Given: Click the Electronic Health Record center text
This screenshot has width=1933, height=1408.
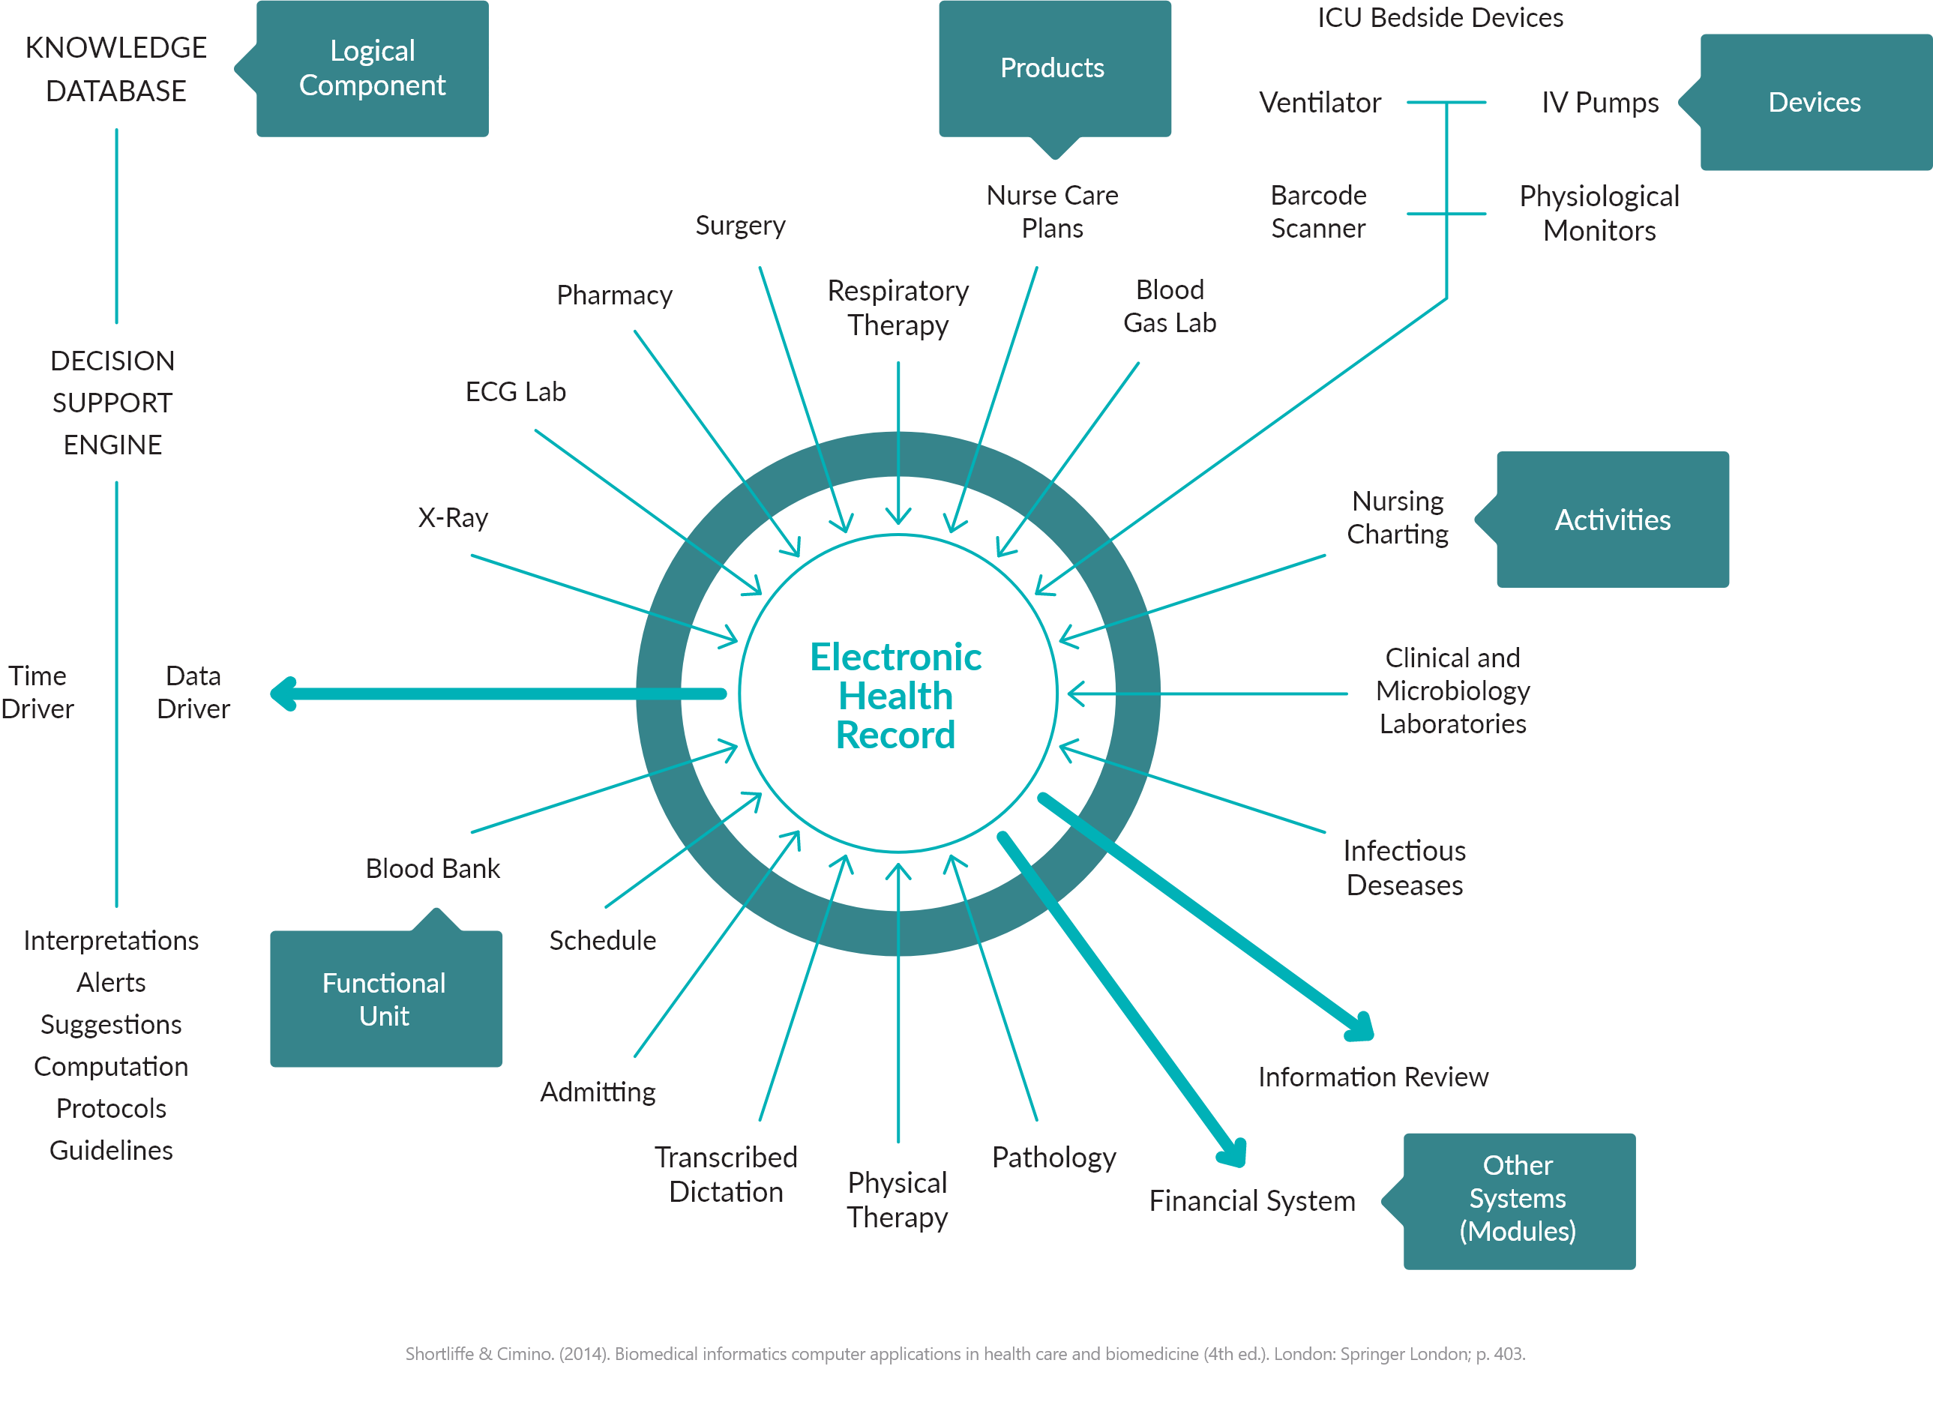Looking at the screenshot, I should (896, 696).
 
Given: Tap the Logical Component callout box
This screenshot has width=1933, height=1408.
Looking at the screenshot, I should (373, 68).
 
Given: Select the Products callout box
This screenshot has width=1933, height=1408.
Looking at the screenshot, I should (1053, 68).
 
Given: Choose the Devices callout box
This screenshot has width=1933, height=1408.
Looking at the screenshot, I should (1815, 102).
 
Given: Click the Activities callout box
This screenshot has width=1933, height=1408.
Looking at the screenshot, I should (1613, 520).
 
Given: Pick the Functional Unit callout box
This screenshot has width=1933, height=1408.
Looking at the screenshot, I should (385, 999).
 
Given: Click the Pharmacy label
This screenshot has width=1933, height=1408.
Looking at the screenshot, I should (615, 295).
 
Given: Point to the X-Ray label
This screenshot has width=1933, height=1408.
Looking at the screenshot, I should (454, 517).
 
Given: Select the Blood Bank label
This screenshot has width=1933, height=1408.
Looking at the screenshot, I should (433, 868).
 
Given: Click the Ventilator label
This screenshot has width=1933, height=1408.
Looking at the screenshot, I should (1320, 102).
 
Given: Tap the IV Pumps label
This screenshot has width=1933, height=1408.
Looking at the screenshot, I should (1600, 102).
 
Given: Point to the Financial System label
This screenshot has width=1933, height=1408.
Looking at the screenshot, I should (1252, 1201).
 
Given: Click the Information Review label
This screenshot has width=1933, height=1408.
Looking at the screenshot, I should (1373, 1077).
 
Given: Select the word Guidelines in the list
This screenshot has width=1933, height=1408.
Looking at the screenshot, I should (111, 1151).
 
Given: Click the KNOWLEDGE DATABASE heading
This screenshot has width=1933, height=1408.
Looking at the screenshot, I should (116, 69).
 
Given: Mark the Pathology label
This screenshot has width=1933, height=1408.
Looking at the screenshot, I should (1054, 1158).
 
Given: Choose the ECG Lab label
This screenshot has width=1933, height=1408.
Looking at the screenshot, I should (516, 391).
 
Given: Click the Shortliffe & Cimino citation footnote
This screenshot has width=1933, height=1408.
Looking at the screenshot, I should (965, 1353).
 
